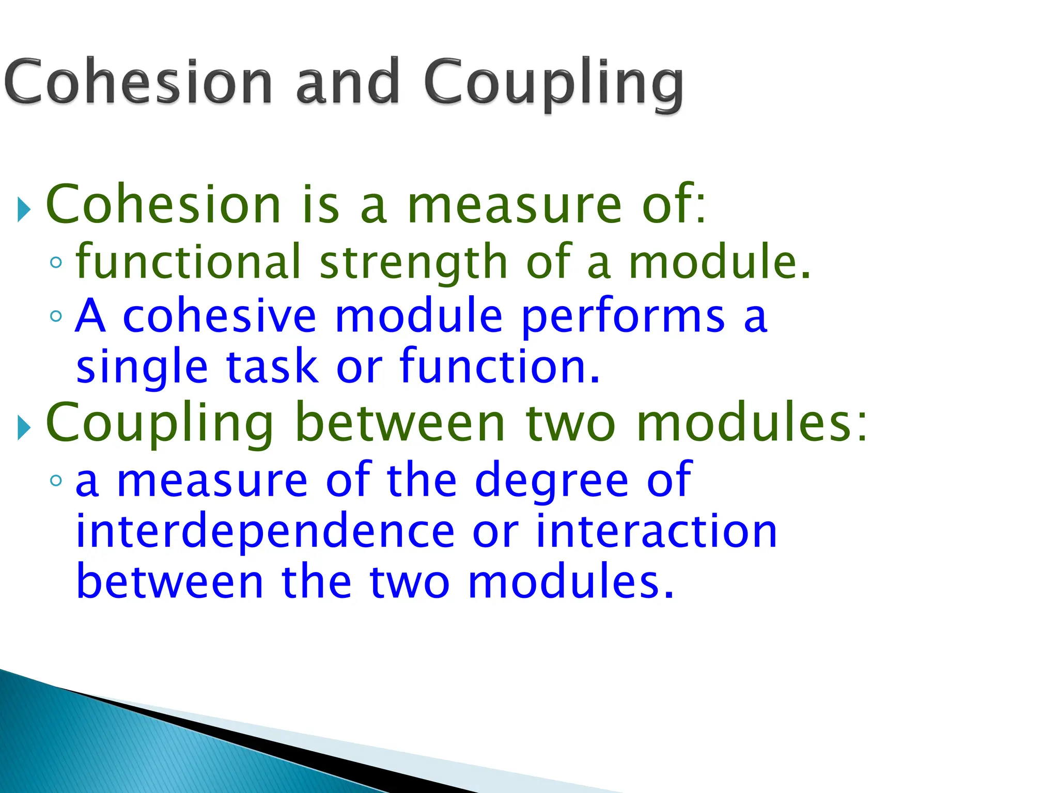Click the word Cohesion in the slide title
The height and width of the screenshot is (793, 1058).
tap(138, 82)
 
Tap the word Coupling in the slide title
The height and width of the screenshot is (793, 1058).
tap(554, 83)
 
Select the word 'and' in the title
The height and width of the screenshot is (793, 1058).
tap(348, 82)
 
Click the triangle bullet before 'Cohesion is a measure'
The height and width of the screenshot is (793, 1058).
tap(24, 209)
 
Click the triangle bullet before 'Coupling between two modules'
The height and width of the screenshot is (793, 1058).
tap(24, 427)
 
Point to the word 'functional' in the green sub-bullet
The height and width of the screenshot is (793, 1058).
tap(188, 262)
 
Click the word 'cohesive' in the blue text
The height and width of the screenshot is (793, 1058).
tap(220, 316)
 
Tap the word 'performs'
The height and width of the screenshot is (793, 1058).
tap(623, 317)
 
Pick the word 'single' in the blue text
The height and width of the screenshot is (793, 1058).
tap(142, 368)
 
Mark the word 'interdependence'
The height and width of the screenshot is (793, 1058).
tap(265, 533)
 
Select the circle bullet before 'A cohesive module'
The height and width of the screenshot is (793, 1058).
tap(56, 315)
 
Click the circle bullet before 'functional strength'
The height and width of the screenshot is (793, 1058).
tap(56, 262)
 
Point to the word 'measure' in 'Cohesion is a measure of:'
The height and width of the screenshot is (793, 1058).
tap(515, 205)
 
